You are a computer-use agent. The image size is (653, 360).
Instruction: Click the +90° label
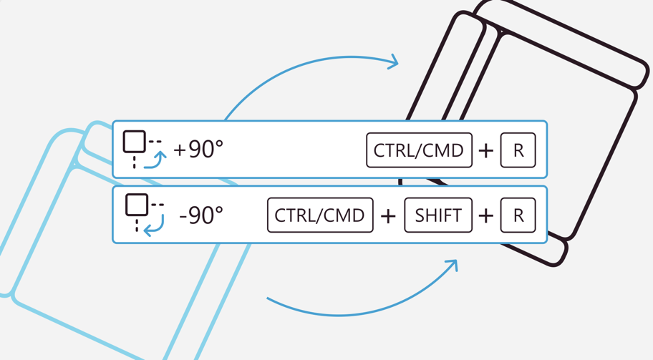pos(198,149)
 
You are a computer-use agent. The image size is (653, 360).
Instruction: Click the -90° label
pos(201,215)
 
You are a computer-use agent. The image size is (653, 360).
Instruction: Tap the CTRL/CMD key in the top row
pos(419,150)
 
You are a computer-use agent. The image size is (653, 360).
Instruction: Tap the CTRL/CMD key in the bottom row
pos(320,215)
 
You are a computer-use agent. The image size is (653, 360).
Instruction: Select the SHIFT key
pos(438,215)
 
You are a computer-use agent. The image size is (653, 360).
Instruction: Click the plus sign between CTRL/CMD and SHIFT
pos(388,216)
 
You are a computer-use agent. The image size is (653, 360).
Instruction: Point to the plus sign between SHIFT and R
pos(486,216)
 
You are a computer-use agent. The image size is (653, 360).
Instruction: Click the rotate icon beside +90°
pos(145,150)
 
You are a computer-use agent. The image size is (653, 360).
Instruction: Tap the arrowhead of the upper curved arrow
pos(393,62)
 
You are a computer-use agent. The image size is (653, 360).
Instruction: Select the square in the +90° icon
pos(135,142)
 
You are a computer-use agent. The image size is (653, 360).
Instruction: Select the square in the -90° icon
pos(137,205)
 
